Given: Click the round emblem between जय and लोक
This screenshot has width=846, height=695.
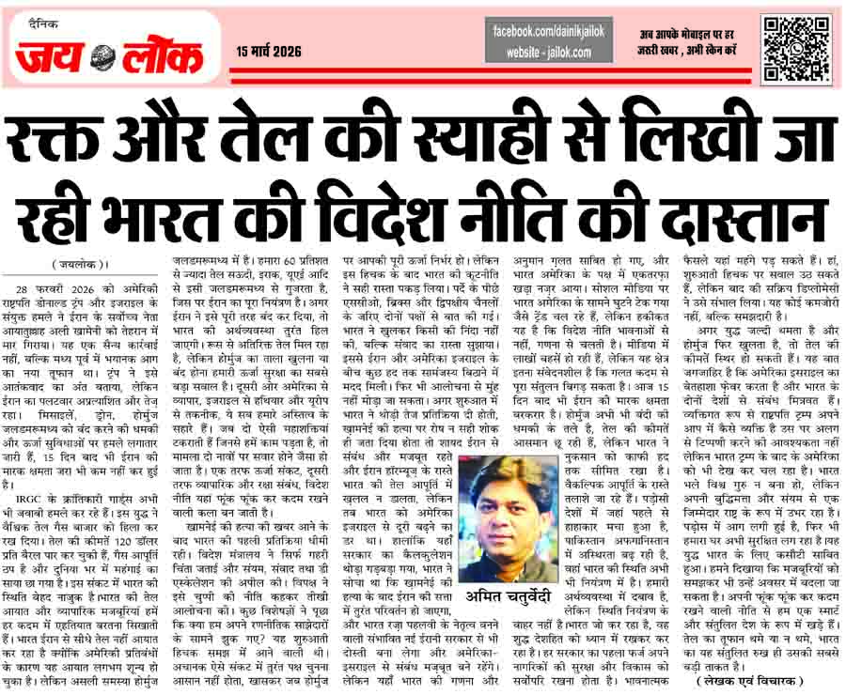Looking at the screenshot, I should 102,59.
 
